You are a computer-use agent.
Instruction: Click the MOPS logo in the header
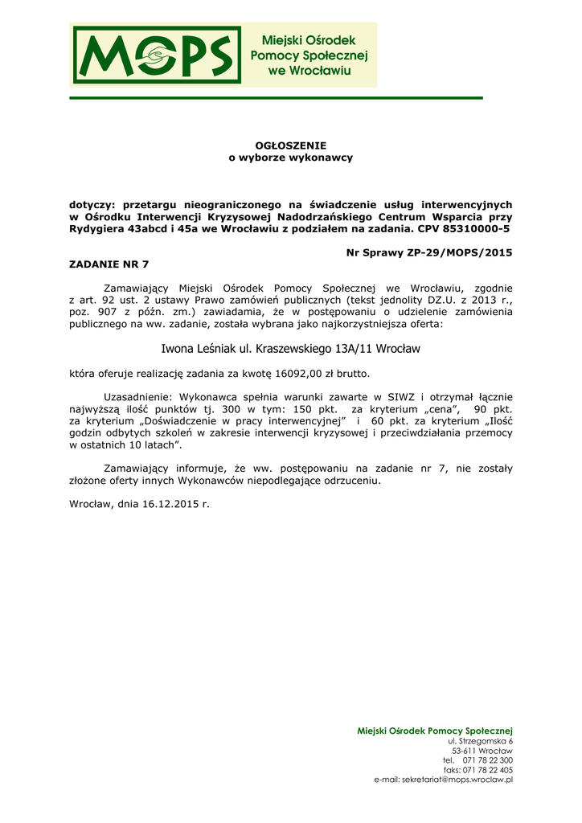click(x=157, y=55)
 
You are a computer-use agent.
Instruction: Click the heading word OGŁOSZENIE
click(x=291, y=145)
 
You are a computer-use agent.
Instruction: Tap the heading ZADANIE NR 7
click(x=109, y=264)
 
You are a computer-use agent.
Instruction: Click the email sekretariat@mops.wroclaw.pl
click(x=457, y=780)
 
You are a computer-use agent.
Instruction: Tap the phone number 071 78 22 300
click(x=488, y=760)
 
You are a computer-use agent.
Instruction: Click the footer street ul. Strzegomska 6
click(x=480, y=740)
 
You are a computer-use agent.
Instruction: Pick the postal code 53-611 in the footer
click(x=464, y=750)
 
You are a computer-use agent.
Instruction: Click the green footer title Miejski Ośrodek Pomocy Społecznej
click(x=435, y=730)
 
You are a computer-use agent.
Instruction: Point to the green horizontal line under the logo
click(x=276, y=98)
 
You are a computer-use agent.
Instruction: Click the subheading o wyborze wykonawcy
click(x=291, y=158)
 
